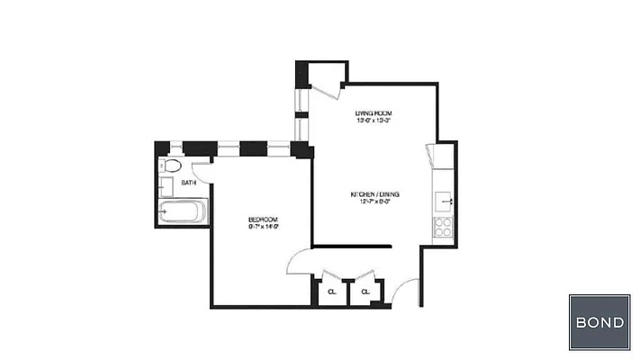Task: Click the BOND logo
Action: click(x=599, y=322)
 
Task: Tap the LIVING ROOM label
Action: click(x=374, y=112)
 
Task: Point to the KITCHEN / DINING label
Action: click(x=374, y=194)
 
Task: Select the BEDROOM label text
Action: click(x=263, y=220)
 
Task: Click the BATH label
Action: click(x=189, y=183)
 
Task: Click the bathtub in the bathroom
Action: click(x=183, y=214)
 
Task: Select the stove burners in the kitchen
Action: click(x=443, y=226)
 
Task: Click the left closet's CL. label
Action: click(x=332, y=292)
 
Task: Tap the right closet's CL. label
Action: click(x=365, y=292)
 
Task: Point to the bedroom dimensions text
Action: click(x=263, y=228)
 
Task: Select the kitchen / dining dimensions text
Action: click(x=374, y=202)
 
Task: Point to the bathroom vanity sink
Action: click(x=166, y=187)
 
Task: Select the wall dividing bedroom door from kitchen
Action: click(x=351, y=245)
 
